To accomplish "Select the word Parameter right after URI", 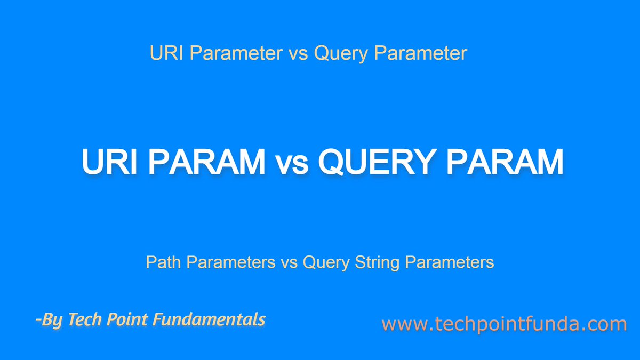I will click(233, 53).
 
